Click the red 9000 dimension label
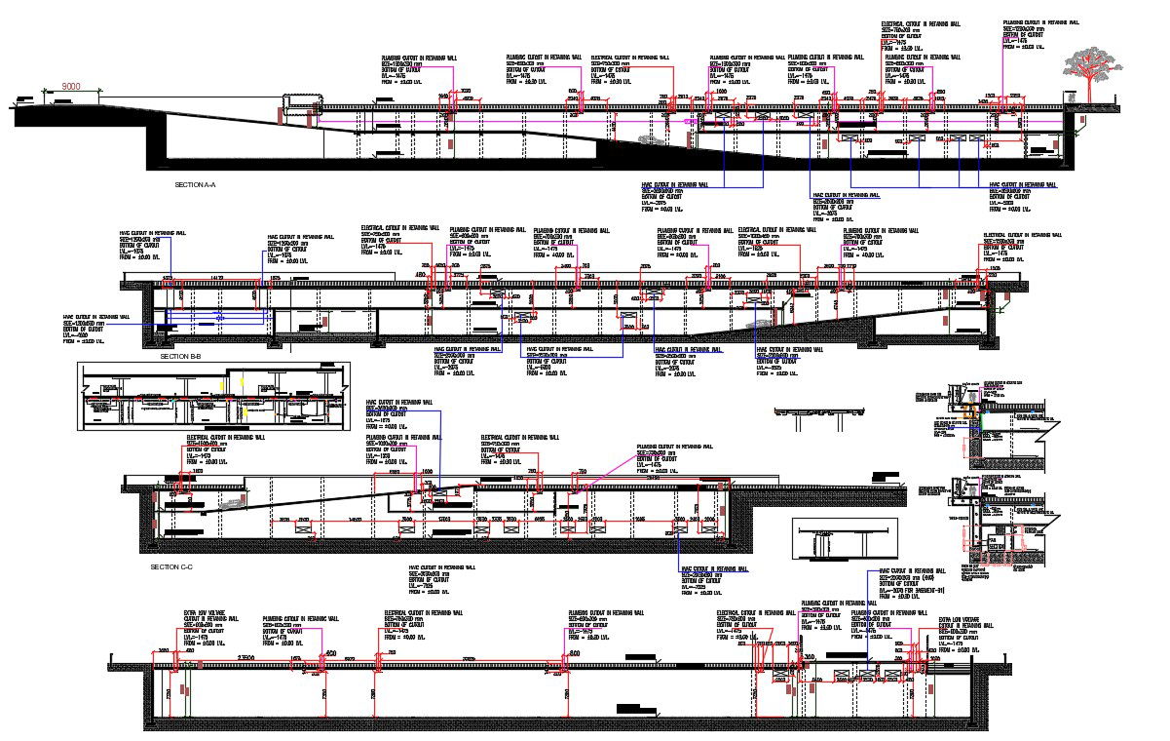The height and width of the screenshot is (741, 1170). point(70,87)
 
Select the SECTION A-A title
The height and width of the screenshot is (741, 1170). point(195,184)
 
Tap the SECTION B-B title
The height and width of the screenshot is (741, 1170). point(180,357)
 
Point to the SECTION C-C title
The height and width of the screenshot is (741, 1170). point(171,566)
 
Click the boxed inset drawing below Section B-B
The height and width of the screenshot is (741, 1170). point(213,396)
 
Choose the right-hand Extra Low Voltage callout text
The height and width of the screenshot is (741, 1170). point(965,631)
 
